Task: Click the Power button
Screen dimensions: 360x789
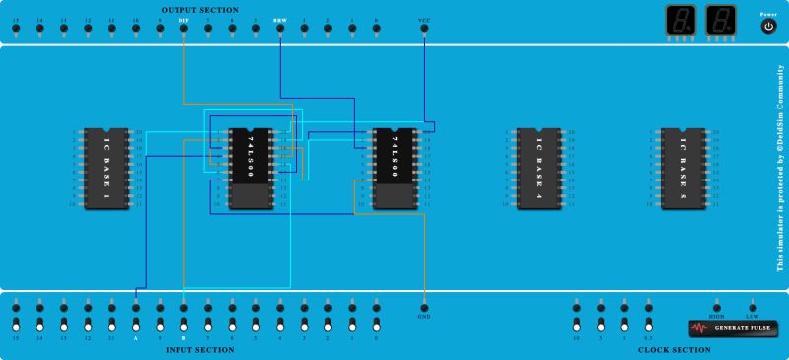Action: point(769,27)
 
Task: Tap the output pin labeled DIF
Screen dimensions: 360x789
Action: point(184,28)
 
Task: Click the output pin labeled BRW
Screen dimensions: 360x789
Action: point(280,28)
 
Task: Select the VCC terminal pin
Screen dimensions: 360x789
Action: point(424,28)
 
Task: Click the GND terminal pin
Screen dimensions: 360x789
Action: point(424,306)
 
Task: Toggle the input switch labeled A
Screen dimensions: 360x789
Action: point(136,324)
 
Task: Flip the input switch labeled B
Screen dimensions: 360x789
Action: point(184,324)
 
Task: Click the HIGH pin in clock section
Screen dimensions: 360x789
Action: point(717,306)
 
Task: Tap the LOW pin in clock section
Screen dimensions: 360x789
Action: point(753,306)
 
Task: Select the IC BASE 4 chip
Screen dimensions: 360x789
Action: point(538,168)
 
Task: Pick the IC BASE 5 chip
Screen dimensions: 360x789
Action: point(682,168)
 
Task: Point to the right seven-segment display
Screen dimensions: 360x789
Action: point(722,20)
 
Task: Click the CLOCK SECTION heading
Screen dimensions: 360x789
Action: point(674,349)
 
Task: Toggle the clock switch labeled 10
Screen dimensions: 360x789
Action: point(576,324)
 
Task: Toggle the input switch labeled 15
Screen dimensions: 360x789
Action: point(16,324)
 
